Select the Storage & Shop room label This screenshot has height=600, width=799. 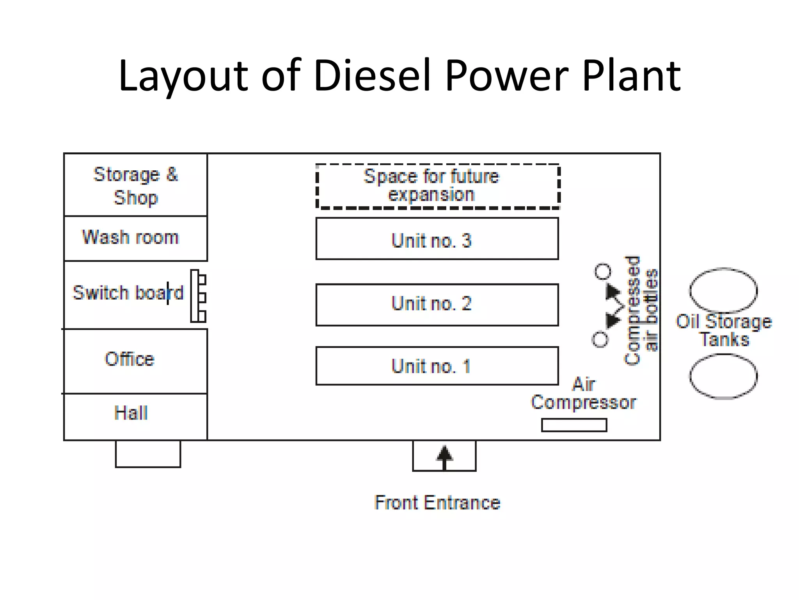pyautogui.click(x=135, y=186)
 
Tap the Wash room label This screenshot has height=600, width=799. pyautogui.click(x=130, y=237)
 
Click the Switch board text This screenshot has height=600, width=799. pyautogui.click(x=128, y=293)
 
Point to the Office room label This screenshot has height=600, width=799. pyautogui.click(x=130, y=359)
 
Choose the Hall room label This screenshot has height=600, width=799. pyautogui.click(x=131, y=413)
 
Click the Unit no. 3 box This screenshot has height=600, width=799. pyautogui.click(x=437, y=239)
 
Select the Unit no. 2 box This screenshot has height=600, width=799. pyautogui.click(x=437, y=305)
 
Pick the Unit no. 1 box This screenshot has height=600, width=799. pyautogui.click(x=437, y=366)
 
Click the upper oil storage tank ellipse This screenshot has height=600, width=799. pyautogui.click(x=723, y=290)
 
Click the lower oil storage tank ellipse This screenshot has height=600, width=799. pyautogui.click(x=723, y=376)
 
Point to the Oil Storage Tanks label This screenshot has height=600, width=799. pyautogui.click(x=724, y=330)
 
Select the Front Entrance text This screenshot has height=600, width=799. pyautogui.click(x=437, y=503)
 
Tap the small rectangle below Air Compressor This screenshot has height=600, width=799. pyautogui.click(x=574, y=425)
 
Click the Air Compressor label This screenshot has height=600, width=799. pyautogui.click(x=584, y=394)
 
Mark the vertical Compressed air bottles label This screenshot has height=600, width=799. pyautogui.click(x=641, y=311)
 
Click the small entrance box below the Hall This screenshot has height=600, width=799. pyautogui.click(x=148, y=454)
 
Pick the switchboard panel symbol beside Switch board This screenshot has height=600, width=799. pyautogui.click(x=198, y=296)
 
